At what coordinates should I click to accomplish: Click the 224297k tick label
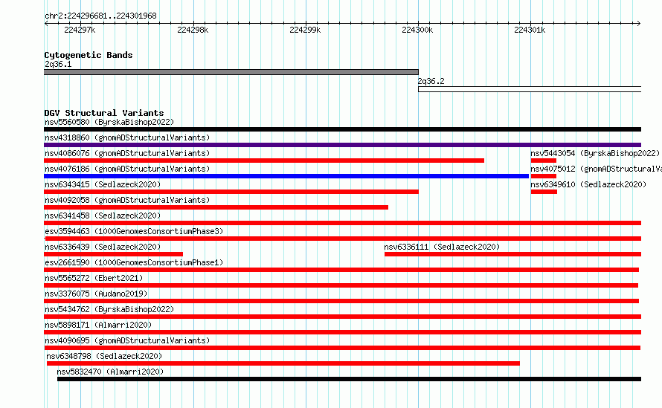point(80,30)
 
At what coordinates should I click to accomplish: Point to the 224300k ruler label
point(417,30)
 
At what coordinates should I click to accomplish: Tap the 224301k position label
point(530,30)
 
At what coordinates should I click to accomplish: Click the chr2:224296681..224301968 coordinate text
point(100,16)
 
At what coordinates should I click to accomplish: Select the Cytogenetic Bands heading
point(89,55)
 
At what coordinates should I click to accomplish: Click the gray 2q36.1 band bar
point(231,72)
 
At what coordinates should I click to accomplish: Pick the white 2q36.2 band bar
point(530,89)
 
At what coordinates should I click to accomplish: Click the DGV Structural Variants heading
point(104,113)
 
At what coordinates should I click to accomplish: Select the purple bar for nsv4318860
point(342,145)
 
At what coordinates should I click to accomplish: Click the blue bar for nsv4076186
point(286,176)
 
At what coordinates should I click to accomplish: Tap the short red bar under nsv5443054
point(544,161)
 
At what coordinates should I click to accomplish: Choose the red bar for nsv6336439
point(114,254)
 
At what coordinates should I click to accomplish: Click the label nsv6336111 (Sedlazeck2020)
point(442,247)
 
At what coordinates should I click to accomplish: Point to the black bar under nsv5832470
point(349,379)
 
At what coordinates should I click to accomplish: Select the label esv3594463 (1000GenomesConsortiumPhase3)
point(134,231)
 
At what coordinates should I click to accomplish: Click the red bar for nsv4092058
point(216,207)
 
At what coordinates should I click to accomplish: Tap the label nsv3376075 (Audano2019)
point(96,294)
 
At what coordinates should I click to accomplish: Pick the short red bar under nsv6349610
point(544,192)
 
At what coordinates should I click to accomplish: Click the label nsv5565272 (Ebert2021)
point(94,278)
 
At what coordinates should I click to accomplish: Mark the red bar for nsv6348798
point(283,363)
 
